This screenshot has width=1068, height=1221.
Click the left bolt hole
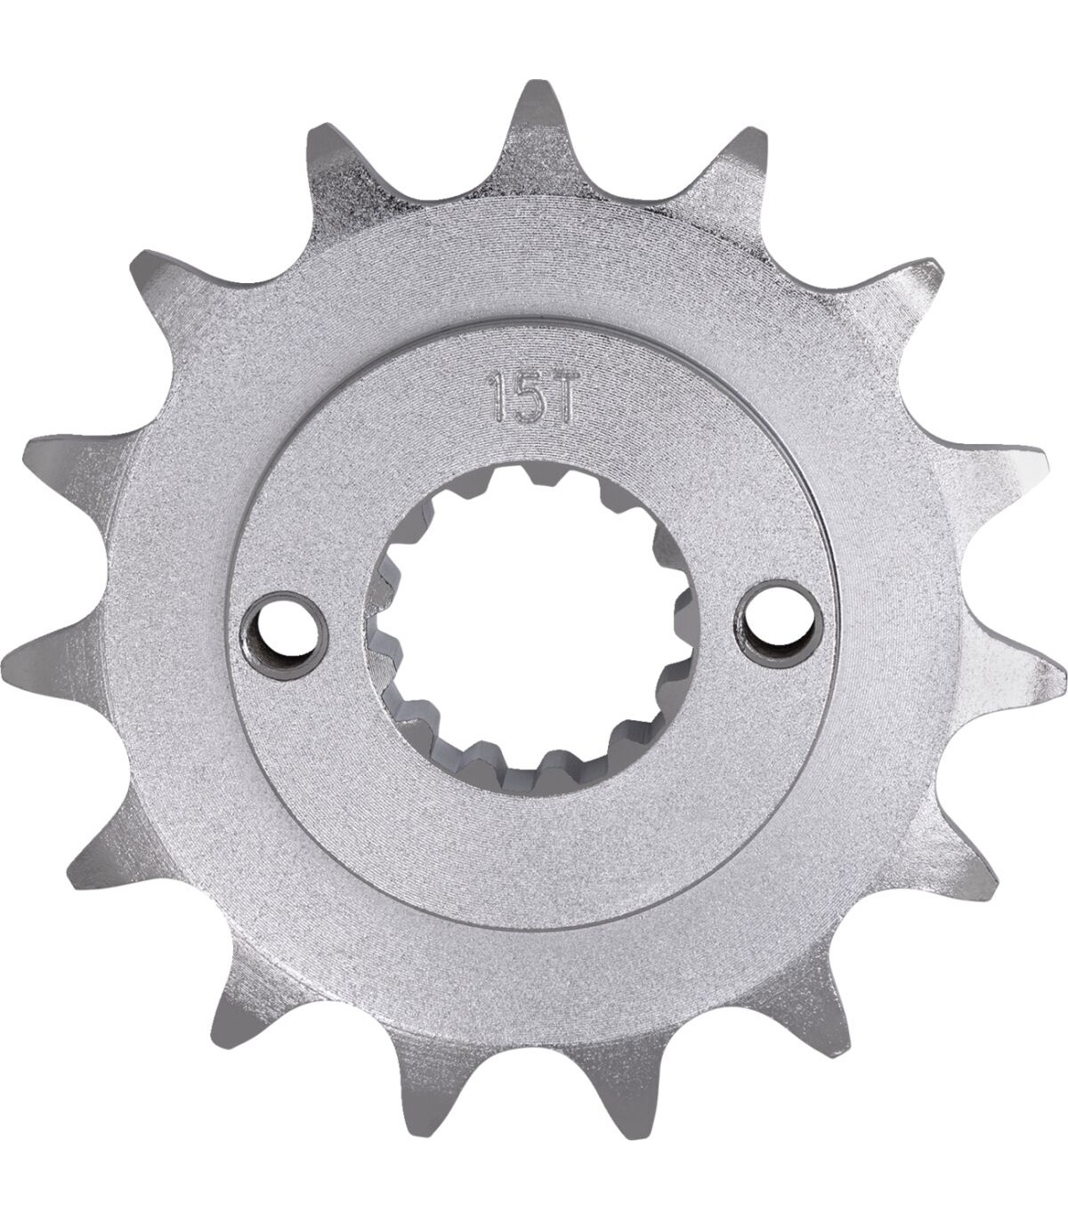[283, 635]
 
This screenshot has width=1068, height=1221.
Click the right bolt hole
[780, 623]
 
